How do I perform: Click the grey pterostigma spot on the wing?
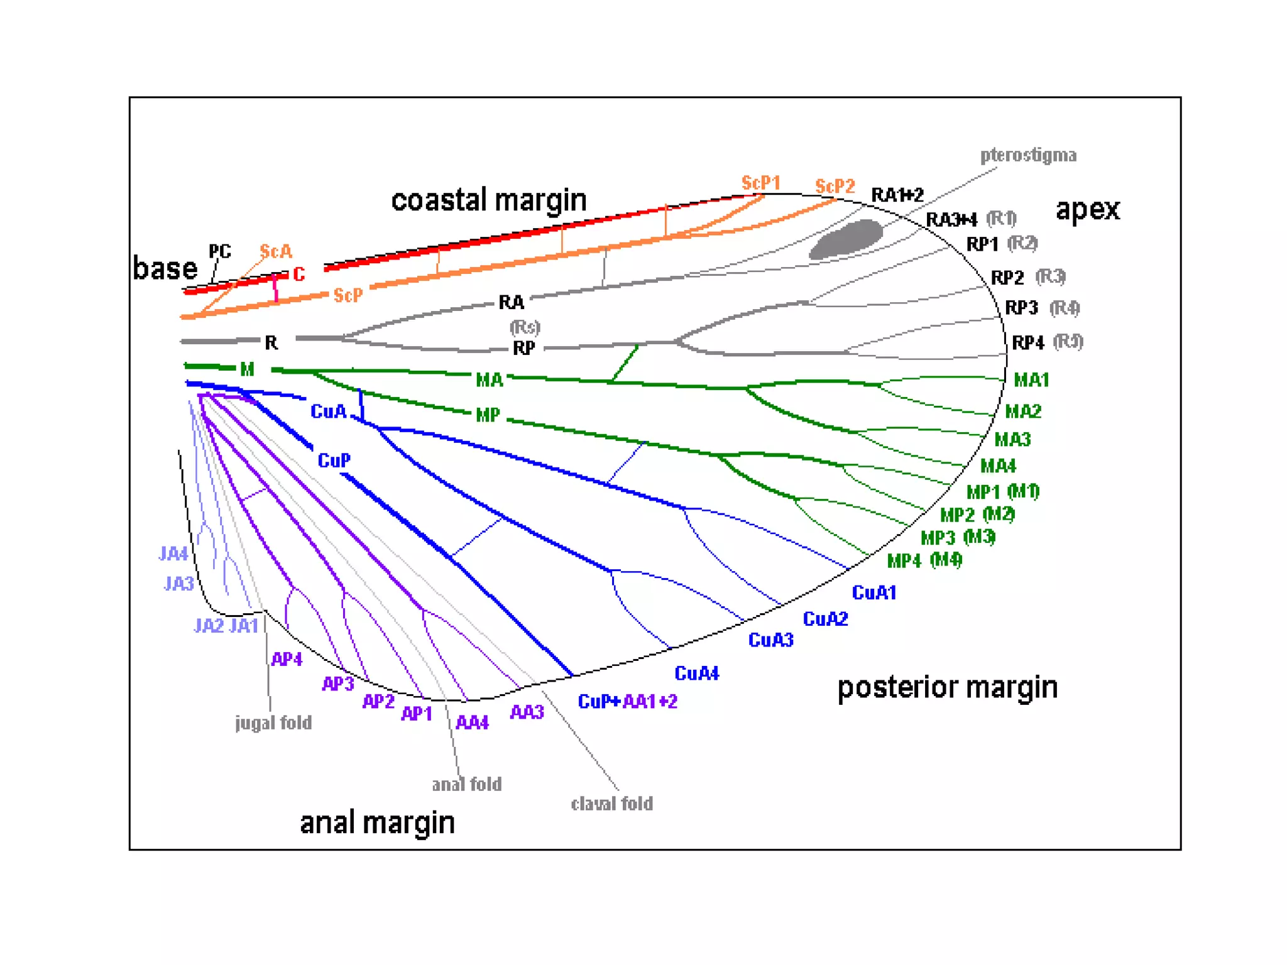846,239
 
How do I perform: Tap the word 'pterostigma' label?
1028,155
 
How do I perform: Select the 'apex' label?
1087,209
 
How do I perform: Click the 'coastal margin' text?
488,200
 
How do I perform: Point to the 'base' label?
165,268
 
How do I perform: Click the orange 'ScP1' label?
760,183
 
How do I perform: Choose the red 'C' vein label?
298,274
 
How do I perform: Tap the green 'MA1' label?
1031,379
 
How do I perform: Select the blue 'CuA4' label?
696,673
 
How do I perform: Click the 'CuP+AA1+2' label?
627,701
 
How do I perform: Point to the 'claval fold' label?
611,804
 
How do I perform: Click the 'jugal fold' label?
273,722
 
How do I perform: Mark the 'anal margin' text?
377,822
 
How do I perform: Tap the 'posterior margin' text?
947,687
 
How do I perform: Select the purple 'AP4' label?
287,659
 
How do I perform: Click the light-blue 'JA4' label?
173,553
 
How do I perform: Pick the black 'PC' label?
219,251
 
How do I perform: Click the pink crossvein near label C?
275,288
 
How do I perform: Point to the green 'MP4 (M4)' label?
924,560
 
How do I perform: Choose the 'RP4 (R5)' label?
1047,342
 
